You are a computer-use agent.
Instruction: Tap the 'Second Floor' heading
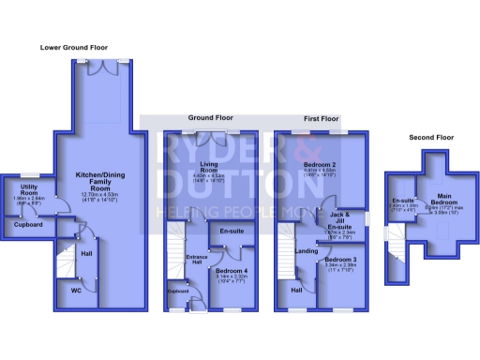tap(431, 138)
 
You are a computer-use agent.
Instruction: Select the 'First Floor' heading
tap(322, 120)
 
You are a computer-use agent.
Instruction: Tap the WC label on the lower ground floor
tap(76, 291)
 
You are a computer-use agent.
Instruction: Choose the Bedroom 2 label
tap(321, 166)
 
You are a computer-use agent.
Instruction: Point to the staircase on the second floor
tap(395, 247)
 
